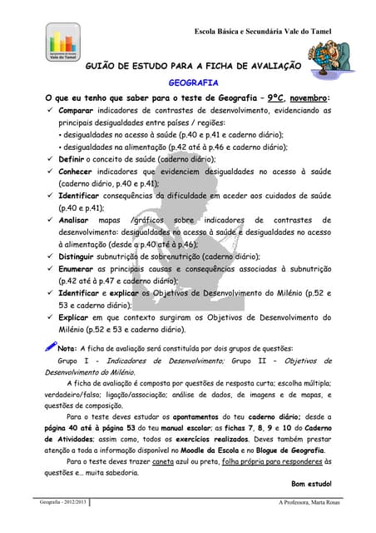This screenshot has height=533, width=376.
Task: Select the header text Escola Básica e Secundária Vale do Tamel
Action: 262,31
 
